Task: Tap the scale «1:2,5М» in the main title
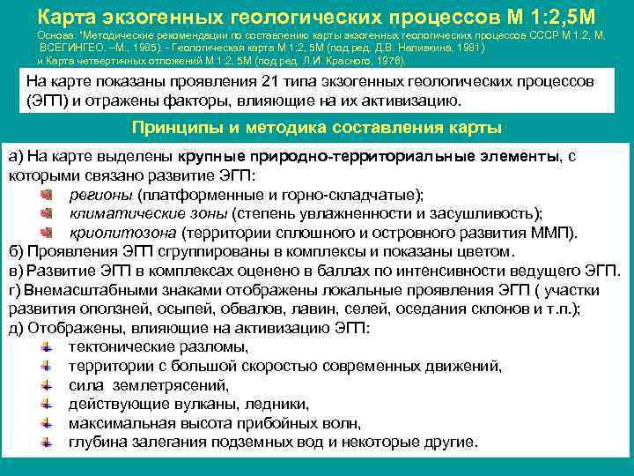(561, 15)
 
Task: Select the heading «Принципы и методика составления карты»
(316, 127)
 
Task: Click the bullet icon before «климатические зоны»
(48, 214)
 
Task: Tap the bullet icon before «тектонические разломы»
(48, 346)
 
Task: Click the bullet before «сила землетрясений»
(48, 385)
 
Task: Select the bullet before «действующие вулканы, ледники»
(48, 405)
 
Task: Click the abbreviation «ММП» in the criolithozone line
(551, 233)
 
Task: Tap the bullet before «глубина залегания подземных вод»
(48, 443)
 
